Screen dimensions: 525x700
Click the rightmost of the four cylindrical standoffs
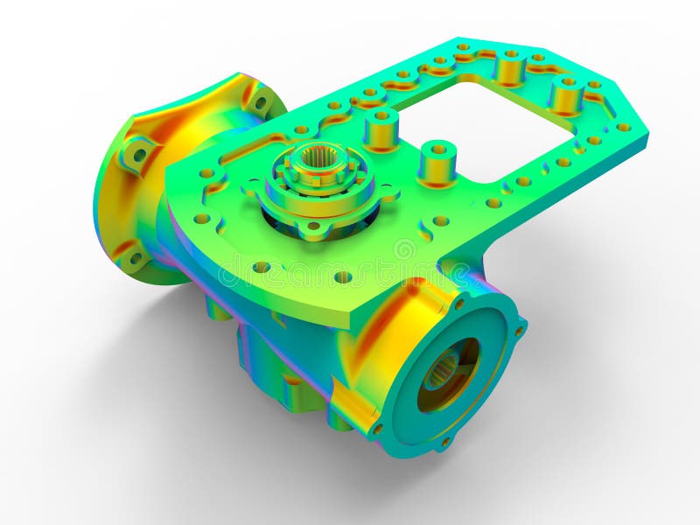click(567, 94)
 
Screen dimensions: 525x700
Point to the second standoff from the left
click(437, 161)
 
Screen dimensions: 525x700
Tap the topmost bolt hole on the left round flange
click(260, 101)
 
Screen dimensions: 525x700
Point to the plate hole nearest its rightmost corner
click(623, 127)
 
